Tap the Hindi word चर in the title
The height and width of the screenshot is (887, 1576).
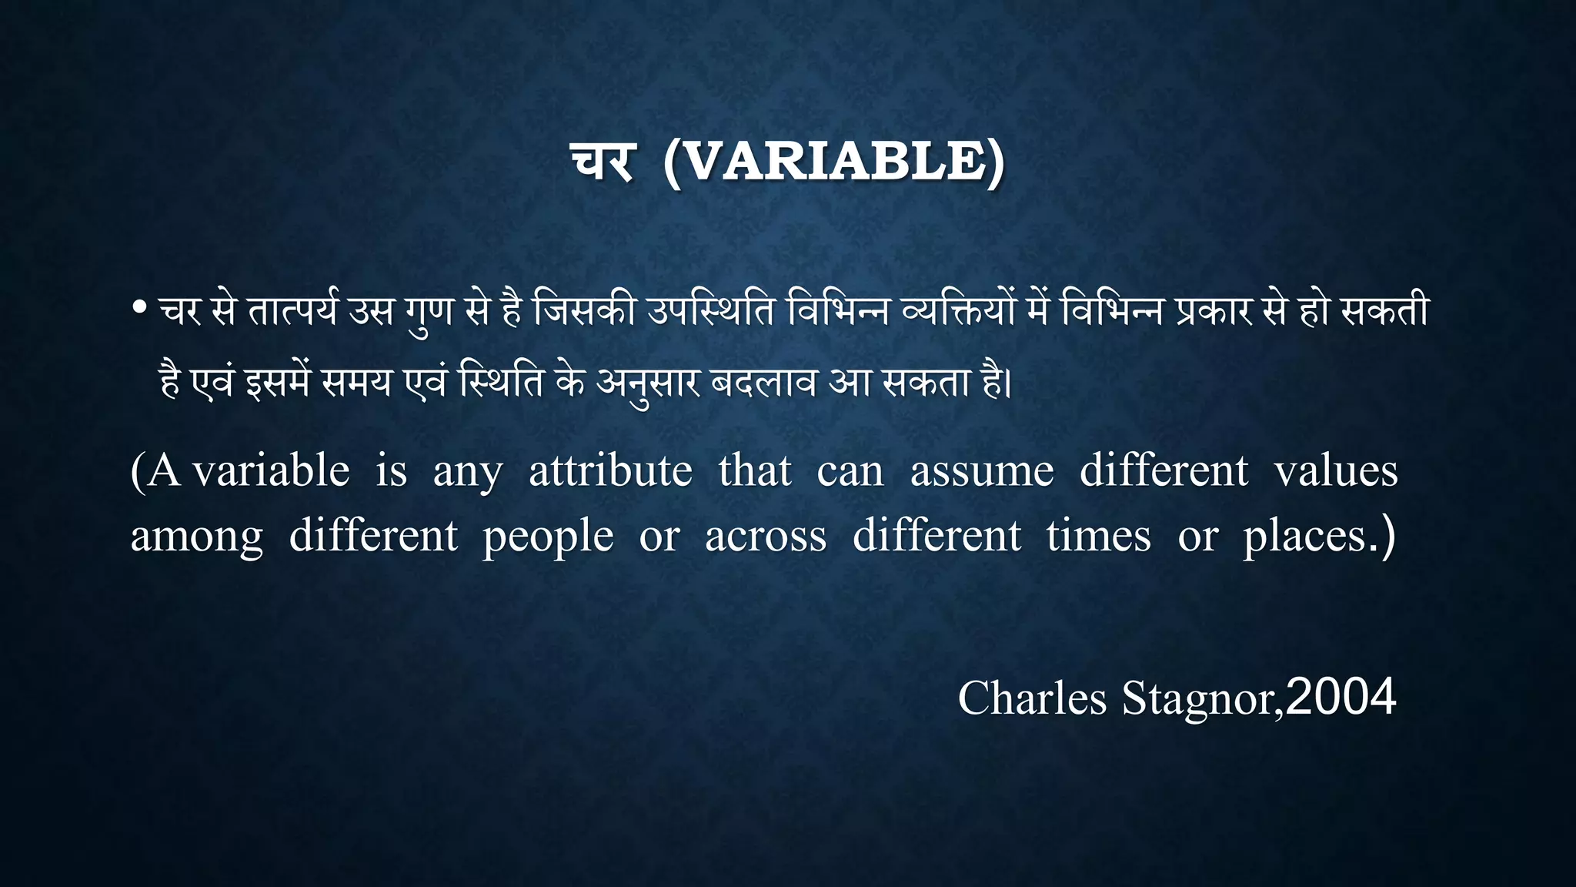click(603, 162)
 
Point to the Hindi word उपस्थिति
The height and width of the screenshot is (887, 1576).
click(710, 312)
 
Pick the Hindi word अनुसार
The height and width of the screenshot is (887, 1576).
click(648, 383)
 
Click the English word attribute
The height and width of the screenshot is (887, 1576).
click(610, 470)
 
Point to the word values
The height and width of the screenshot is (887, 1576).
click(1335, 470)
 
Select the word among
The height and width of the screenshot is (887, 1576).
click(197, 537)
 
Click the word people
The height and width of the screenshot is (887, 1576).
click(548, 537)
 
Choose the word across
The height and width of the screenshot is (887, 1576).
click(766, 537)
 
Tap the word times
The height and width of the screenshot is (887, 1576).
click(1098, 537)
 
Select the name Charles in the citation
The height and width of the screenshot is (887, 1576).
click(1031, 698)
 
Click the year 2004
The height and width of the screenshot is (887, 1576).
click(1341, 697)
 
